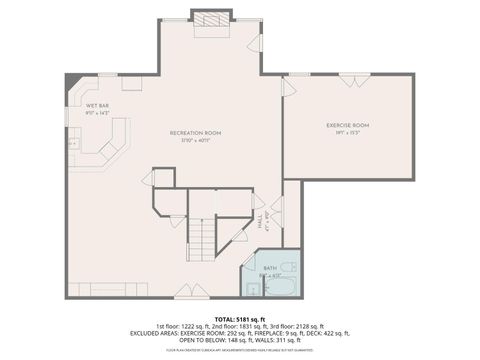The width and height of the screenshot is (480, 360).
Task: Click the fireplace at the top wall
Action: pos(209,19)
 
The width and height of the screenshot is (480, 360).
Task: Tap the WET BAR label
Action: pos(97,105)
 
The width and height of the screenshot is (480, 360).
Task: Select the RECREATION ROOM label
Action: pos(195,132)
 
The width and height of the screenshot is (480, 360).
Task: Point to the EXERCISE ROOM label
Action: pos(348,125)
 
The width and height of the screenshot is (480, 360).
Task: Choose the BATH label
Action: pos(269,269)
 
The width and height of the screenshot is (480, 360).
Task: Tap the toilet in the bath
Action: pos(287,270)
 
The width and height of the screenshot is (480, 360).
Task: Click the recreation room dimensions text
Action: pos(195,140)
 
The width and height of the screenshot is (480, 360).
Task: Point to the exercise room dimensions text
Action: pos(348,133)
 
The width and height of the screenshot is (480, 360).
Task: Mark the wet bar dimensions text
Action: pos(97,112)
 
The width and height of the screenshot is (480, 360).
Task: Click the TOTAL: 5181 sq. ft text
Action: pos(240,319)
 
